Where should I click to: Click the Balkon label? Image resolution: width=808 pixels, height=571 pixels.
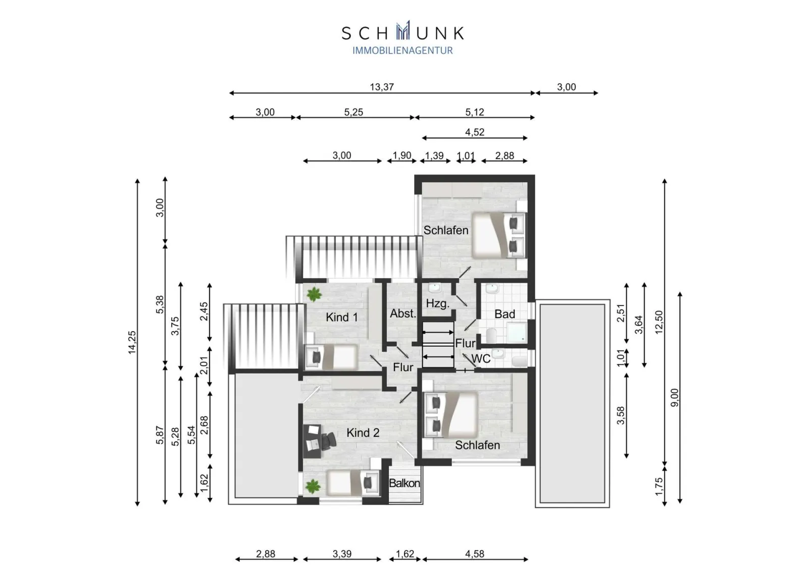pos(405,483)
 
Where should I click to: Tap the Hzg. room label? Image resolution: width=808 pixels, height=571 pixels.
pos(437,303)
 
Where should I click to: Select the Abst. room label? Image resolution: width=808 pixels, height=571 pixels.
pos(403,314)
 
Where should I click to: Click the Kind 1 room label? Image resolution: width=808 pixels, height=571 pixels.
pos(341,317)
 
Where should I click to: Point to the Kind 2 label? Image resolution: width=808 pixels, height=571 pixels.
pos(363,433)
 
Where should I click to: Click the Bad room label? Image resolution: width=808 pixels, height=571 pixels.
pos(504,314)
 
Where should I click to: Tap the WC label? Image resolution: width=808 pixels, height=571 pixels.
pos(481,358)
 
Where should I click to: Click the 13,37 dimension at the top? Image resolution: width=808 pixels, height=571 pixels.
pos(382,87)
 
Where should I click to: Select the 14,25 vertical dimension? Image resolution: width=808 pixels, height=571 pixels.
pos(132,342)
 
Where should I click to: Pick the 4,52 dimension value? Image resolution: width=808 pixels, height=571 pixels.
pos(474,132)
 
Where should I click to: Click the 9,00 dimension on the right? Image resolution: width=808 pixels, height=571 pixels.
pos(674,397)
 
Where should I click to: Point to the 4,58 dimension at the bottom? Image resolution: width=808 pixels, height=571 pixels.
pos(474,554)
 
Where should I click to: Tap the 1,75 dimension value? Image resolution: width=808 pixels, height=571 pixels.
pos(659,487)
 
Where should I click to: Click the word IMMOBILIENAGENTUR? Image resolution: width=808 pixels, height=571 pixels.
pos(402,50)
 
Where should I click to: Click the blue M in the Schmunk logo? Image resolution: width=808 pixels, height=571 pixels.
pos(403,30)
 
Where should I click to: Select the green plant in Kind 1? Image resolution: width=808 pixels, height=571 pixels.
pos(314,294)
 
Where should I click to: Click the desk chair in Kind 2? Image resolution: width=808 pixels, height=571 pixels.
pos(328,441)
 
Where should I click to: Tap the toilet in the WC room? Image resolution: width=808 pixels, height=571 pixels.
pos(520,361)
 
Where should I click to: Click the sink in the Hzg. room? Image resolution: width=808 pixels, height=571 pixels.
pos(435,288)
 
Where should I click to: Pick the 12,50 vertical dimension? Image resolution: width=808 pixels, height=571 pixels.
pos(659,322)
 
